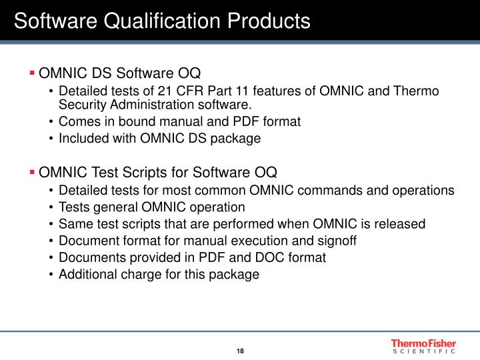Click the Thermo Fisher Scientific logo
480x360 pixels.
tap(423, 345)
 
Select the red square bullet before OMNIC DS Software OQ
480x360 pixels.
tap(32, 72)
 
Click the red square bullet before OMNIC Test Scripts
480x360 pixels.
tap(32, 173)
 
